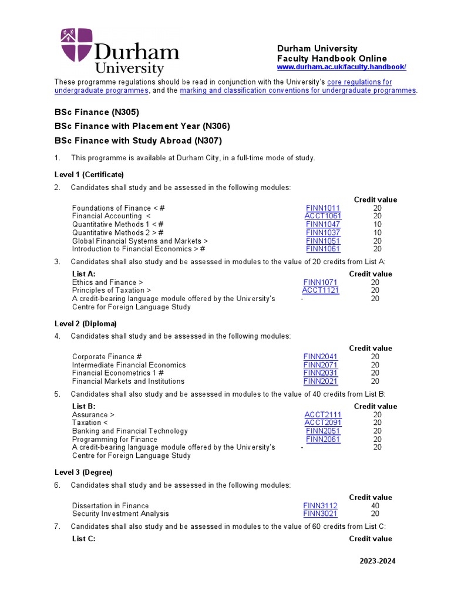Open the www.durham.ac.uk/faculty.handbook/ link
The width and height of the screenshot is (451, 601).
point(341,67)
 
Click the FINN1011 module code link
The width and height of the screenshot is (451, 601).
point(322,208)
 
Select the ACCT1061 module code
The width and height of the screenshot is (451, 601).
point(322,216)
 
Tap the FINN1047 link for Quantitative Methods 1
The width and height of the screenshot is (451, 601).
point(322,224)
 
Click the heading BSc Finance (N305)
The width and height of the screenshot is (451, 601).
point(96,112)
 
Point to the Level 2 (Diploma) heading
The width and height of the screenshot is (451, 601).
point(86,323)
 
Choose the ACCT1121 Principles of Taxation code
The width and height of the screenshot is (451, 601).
point(320,290)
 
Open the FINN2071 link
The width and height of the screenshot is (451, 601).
point(320,364)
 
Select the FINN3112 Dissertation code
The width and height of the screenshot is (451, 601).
point(320,505)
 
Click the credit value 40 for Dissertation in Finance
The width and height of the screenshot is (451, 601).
point(375,505)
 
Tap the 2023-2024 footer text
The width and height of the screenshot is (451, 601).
point(378,561)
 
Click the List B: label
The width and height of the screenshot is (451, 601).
point(83,406)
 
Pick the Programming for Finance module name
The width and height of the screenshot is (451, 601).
point(115,439)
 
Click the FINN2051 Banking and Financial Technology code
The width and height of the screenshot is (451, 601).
point(322,431)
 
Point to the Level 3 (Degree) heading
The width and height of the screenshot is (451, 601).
point(83,472)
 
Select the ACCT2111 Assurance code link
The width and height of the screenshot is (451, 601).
point(322,414)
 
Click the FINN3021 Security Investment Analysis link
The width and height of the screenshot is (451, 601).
point(320,514)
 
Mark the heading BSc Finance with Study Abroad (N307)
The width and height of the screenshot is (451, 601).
point(139,140)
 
